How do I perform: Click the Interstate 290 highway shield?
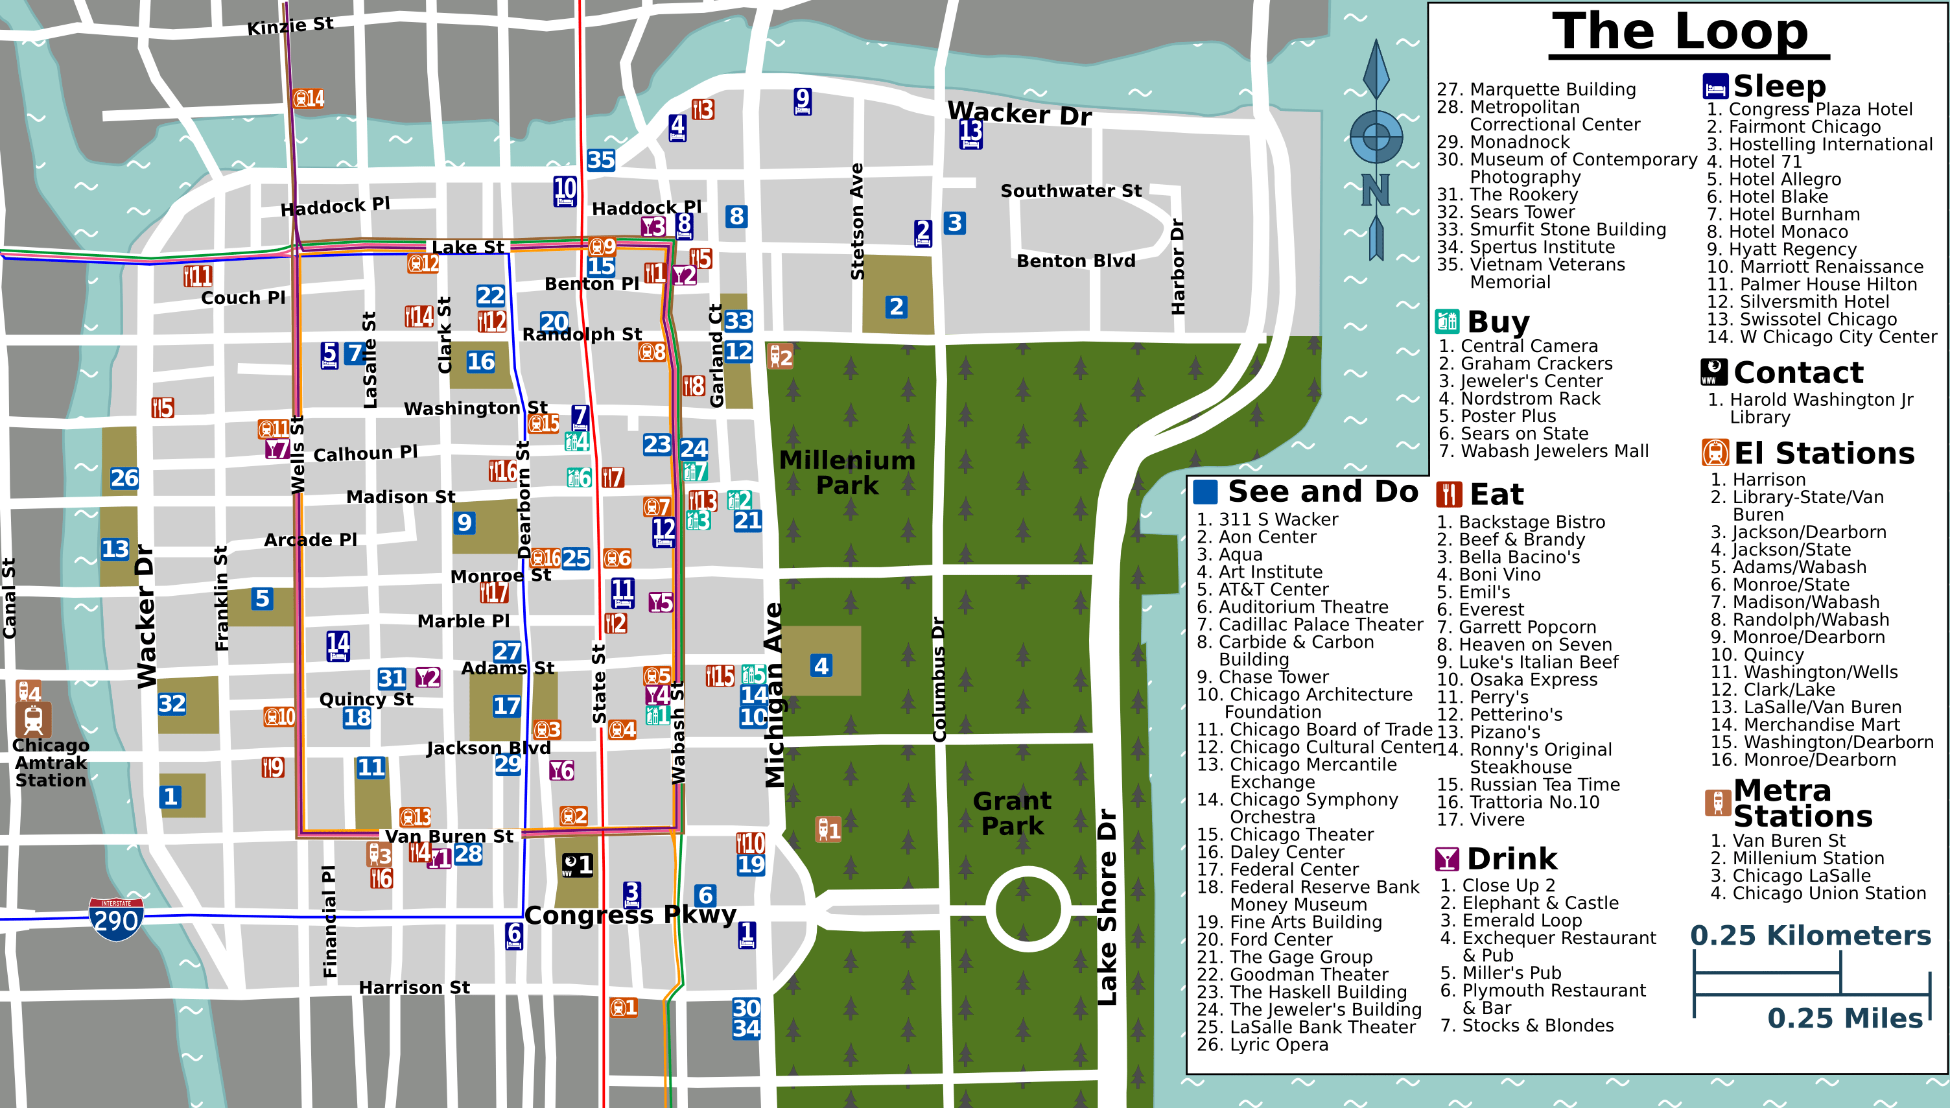pos(115,919)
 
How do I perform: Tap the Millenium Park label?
pos(847,473)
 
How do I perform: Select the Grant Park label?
pos(1012,813)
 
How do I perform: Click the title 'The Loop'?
pos(1680,32)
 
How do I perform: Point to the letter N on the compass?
pos(1376,190)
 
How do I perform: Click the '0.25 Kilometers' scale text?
pos(1810,936)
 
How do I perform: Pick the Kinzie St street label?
pos(290,27)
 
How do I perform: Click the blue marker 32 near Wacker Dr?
pos(171,703)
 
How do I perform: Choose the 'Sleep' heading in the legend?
pos(1778,86)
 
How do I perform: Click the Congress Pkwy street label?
pos(630,915)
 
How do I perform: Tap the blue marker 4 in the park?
pos(821,666)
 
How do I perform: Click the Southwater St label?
pos(1070,191)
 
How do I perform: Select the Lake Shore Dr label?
pos(1107,906)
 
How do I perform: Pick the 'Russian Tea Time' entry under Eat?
pos(1528,784)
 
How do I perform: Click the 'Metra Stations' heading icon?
pos(1717,803)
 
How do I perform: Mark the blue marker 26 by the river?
pos(124,478)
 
